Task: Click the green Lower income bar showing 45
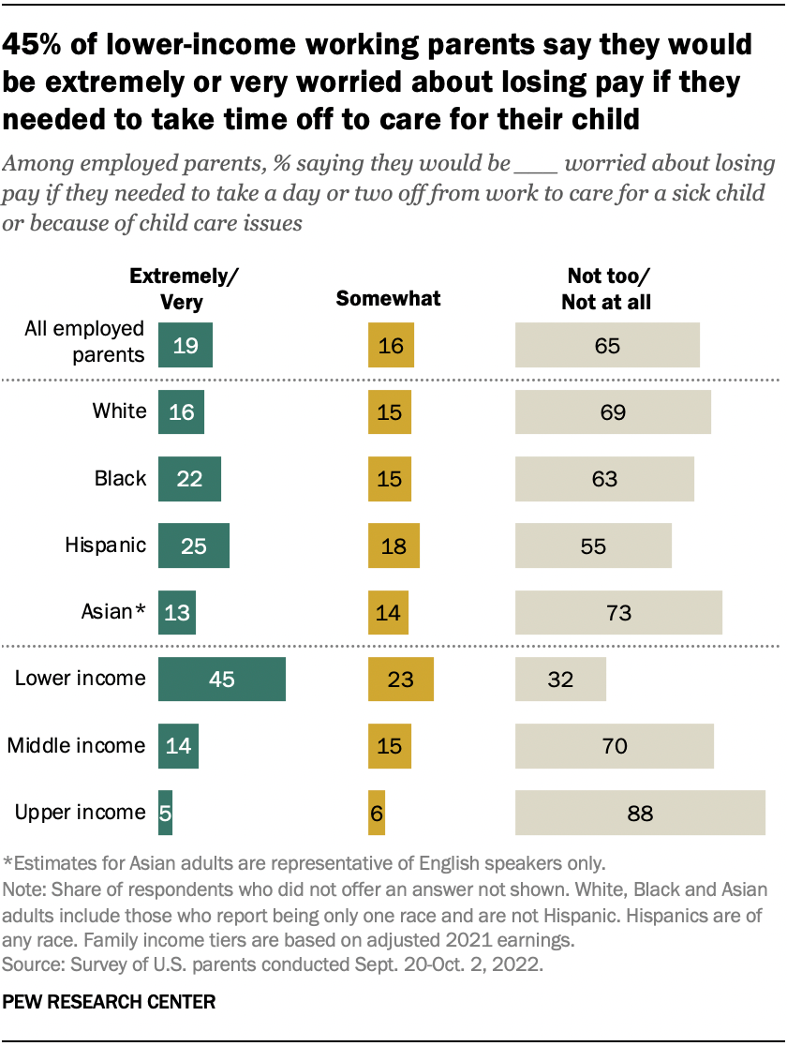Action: [x=222, y=679]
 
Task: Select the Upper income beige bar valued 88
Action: [x=640, y=813]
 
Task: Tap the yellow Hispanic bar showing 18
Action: [x=393, y=545]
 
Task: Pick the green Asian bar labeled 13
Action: [x=177, y=613]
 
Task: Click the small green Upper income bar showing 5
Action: [x=166, y=813]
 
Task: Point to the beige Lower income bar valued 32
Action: [x=560, y=679]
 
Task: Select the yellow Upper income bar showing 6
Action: [x=377, y=813]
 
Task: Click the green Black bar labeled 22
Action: [x=190, y=479]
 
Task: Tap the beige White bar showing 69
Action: [x=613, y=412]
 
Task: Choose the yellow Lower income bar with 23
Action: [x=401, y=679]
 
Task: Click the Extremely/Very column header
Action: [x=184, y=289]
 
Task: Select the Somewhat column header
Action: [x=388, y=299]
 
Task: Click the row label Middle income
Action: [x=77, y=746]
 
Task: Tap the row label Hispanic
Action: [x=105, y=545]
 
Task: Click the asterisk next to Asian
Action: [x=141, y=610]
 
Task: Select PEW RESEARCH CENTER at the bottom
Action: [x=111, y=1002]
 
